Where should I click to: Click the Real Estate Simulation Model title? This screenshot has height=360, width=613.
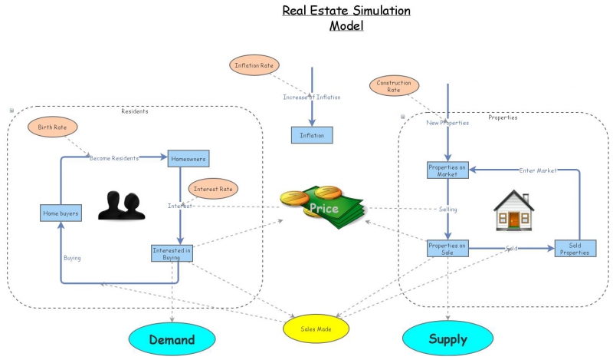click(x=346, y=18)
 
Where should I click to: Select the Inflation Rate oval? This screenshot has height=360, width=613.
click(x=254, y=65)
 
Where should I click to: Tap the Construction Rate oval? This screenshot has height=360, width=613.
click(x=394, y=86)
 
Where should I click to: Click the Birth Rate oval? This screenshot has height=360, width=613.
click(x=53, y=127)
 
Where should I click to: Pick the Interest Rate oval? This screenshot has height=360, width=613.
click(x=213, y=188)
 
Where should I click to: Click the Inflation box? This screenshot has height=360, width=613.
click(x=312, y=135)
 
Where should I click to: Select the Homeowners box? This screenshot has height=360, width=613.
click(x=188, y=158)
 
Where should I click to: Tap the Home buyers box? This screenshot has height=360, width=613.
click(x=61, y=213)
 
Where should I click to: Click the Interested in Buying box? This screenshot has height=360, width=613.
click(x=172, y=253)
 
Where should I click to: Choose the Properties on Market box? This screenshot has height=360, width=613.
click(x=447, y=170)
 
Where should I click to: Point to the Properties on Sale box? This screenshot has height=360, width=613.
click(x=447, y=249)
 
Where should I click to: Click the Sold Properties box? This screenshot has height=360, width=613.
click(x=575, y=248)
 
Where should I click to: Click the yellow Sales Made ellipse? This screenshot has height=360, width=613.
click(x=315, y=328)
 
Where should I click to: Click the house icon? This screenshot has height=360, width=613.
click(x=513, y=210)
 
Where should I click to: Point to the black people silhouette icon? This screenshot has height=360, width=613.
click(x=123, y=206)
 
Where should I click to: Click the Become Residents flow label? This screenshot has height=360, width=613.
click(x=114, y=158)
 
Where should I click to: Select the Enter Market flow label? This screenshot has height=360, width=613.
click(x=538, y=170)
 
